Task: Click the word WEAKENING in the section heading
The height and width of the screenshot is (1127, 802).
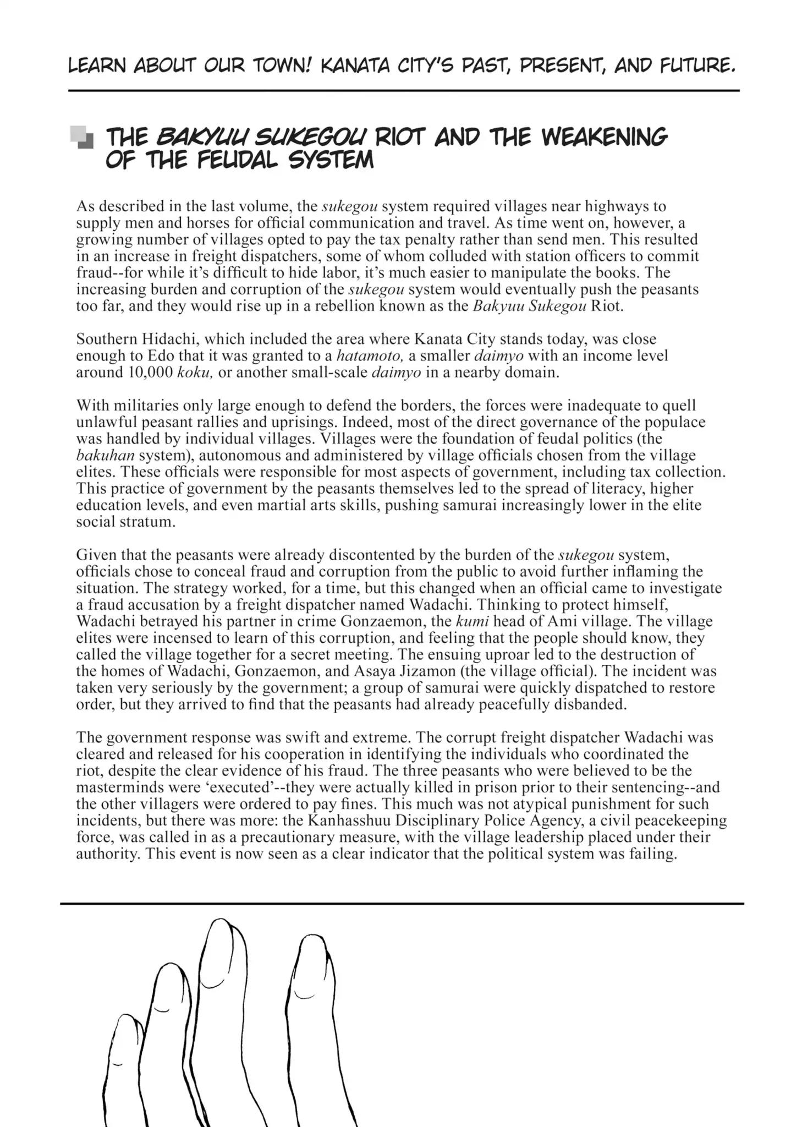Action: [605, 136]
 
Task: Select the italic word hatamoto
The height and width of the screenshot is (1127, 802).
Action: [370, 355]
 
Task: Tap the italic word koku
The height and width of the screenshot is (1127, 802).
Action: [195, 372]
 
